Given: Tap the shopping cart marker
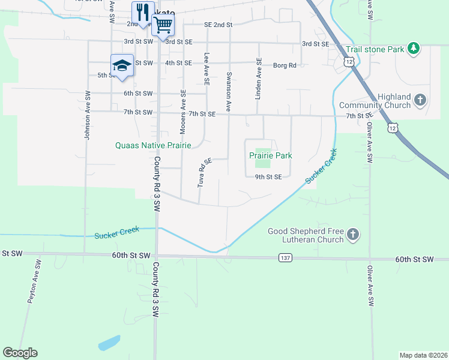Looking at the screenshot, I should tap(163, 25).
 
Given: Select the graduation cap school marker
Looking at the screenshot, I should tap(122, 65).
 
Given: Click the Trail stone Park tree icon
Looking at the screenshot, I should tap(413, 49).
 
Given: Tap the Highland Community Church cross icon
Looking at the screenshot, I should tap(421, 100).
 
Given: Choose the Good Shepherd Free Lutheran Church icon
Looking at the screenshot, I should tap(354, 235).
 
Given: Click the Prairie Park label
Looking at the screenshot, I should tap(271, 155).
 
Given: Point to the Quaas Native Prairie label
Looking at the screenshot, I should tap(154, 145).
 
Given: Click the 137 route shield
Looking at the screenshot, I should tap(285, 257).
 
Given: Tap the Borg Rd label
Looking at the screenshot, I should tap(285, 65).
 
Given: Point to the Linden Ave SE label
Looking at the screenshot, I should tap(259, 78).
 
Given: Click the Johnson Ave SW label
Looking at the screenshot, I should tap(88, 116).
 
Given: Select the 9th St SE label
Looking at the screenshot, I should tap(268, 177).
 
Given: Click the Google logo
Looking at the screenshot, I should tap(20, 353).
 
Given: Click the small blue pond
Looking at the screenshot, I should tap(109, 343).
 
